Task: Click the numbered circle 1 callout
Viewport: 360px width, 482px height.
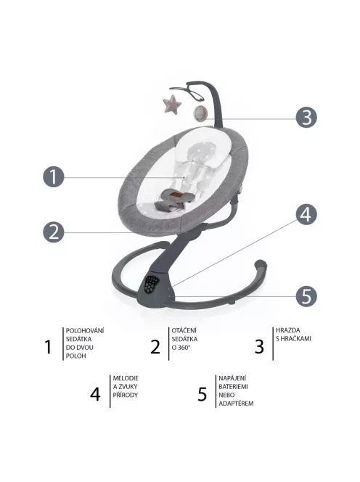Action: (x=54, y=176)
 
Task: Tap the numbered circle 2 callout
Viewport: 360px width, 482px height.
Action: (x=54, y=232)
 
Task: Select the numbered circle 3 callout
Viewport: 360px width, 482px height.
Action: (x=306, y=118)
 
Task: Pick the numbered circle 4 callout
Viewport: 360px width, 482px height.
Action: (x=306, y=214)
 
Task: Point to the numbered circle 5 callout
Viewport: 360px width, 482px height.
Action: (x=306, y=296)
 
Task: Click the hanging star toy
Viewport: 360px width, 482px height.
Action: (x=172, y=105)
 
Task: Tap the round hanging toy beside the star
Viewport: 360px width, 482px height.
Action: (x=200, y=113)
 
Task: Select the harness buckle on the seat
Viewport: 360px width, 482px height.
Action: (x=174, y=195)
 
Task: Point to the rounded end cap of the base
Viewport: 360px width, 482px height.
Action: (x=261, y=265)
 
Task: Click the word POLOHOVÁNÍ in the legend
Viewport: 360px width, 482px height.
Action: (x=85, y=331)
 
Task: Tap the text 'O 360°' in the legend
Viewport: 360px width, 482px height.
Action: (x=181, y=348)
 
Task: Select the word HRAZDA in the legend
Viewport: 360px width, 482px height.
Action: (x=287, y=330)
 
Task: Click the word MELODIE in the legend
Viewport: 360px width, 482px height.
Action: (x=126, y=378)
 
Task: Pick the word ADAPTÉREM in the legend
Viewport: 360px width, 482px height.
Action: (x=236, y=404)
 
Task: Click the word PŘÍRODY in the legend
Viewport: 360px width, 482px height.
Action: (x=125, y=395)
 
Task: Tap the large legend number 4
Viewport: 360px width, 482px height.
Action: (x=95, y=393)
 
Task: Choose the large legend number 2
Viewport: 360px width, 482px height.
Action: (x=155, y=347)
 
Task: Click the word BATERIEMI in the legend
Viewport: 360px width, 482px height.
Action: (x=233, y=386)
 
